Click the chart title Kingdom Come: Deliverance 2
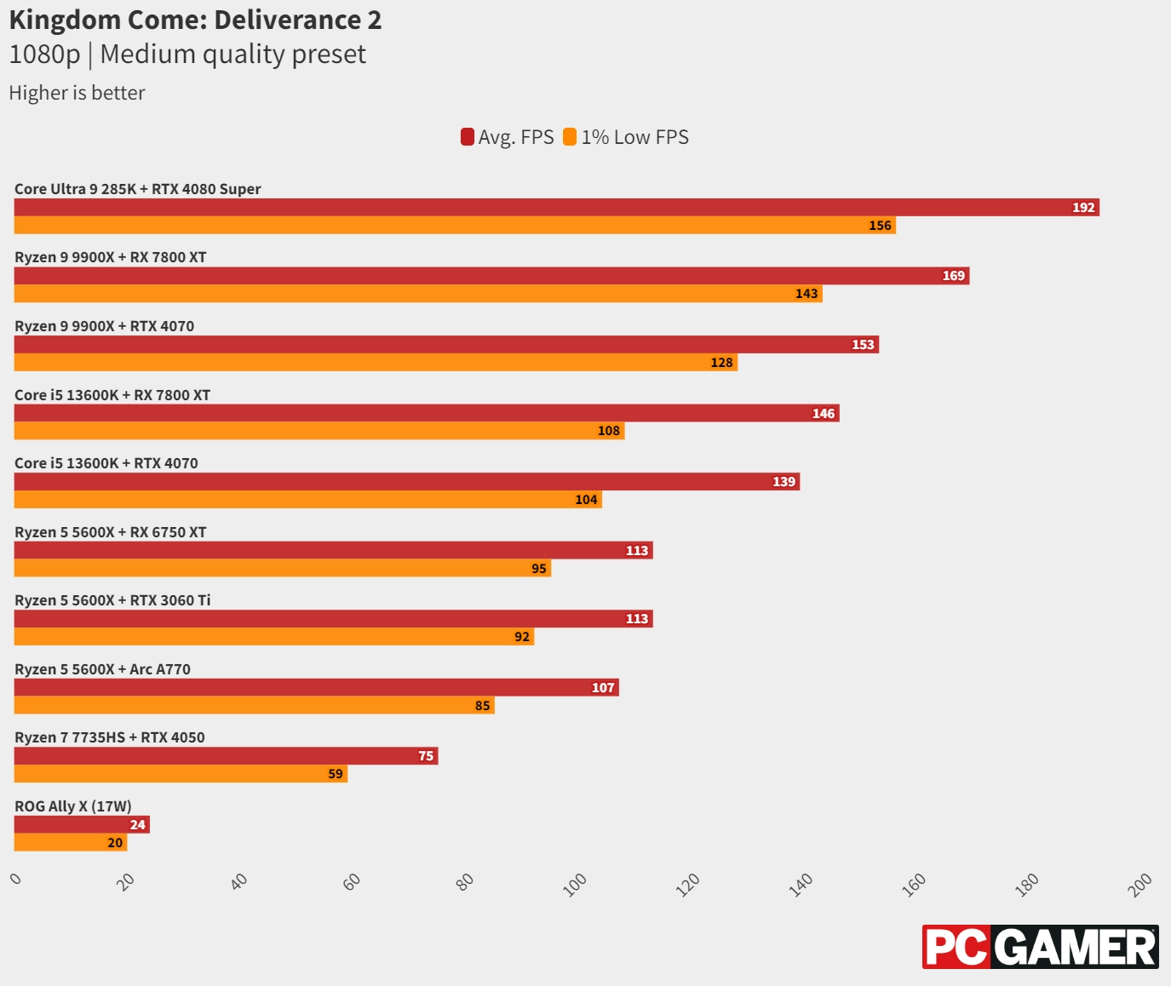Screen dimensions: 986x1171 pyautogui.click(x=195, y=20)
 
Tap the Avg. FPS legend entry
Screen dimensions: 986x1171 pyautogui.click(x=508, y=137)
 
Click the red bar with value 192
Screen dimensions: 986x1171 pyautogui.click(x=556, y=207)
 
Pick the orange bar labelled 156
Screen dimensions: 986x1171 pyautogui.click(x=455, y=226)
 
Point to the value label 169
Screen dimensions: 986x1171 pyautogui.click(x=953, y=276)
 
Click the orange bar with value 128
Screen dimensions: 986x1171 pyautogui.click(x=376, y=363)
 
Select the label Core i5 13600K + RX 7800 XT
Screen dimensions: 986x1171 pyautogui.click(x=112, y=395)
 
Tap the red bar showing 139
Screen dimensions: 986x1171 pyautogui.click(x=406, y=482)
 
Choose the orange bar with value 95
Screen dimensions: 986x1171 pyautogui.click(x=282, y=568)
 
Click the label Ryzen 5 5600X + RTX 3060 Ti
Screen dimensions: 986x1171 pyautogui.click(x=112, y=600)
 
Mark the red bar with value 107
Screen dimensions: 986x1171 pyautogui.click(x=316, y=687)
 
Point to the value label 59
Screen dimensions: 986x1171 pyautogui.click(x=336, y=774)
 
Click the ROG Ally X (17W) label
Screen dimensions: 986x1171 pyautogui.click(x=73, y=806)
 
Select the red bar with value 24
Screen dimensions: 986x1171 pyautogui.click(x=82, y=824)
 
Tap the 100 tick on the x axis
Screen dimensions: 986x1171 pyautogui.click(x=576, y=884)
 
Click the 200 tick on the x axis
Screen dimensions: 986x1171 pyautogui.click(x=1139, y=884)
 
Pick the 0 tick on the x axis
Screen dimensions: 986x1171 pyautogui.click(x=15, y=879)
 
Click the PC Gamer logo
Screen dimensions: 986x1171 pyautogui.click(x=1040, y=947)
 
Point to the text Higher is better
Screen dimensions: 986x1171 pyautogui.click(x=77, y=93)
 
